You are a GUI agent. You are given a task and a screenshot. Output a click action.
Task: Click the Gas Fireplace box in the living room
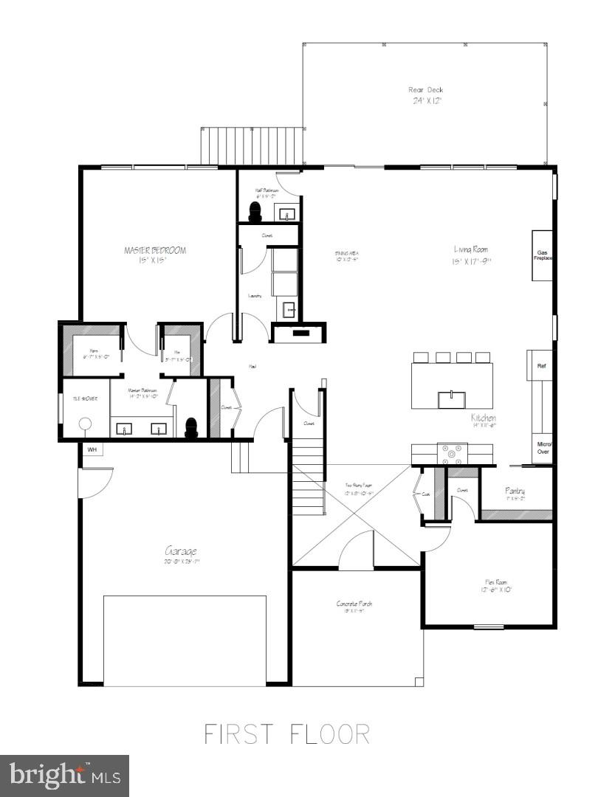point(543,255)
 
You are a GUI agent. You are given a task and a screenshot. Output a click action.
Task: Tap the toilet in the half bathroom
point(255,213)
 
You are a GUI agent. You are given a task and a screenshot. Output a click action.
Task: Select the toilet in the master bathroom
point(191,428)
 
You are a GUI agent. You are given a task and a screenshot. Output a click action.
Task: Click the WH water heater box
point(92,449)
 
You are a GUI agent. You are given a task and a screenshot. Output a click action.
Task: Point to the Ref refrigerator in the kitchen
point(541,365)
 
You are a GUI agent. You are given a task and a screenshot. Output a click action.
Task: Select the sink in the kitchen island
point(451,399)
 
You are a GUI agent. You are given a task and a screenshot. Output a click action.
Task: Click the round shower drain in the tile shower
point(85,424)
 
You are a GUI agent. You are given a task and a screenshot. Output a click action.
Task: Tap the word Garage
point(181,551)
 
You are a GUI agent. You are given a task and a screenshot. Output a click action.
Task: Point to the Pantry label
point(515,491)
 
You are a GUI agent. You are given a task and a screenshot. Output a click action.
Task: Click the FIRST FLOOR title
point(286,734)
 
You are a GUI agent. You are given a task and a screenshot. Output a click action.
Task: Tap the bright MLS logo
point(64,776)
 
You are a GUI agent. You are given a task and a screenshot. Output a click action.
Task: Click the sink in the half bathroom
point(288,214)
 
